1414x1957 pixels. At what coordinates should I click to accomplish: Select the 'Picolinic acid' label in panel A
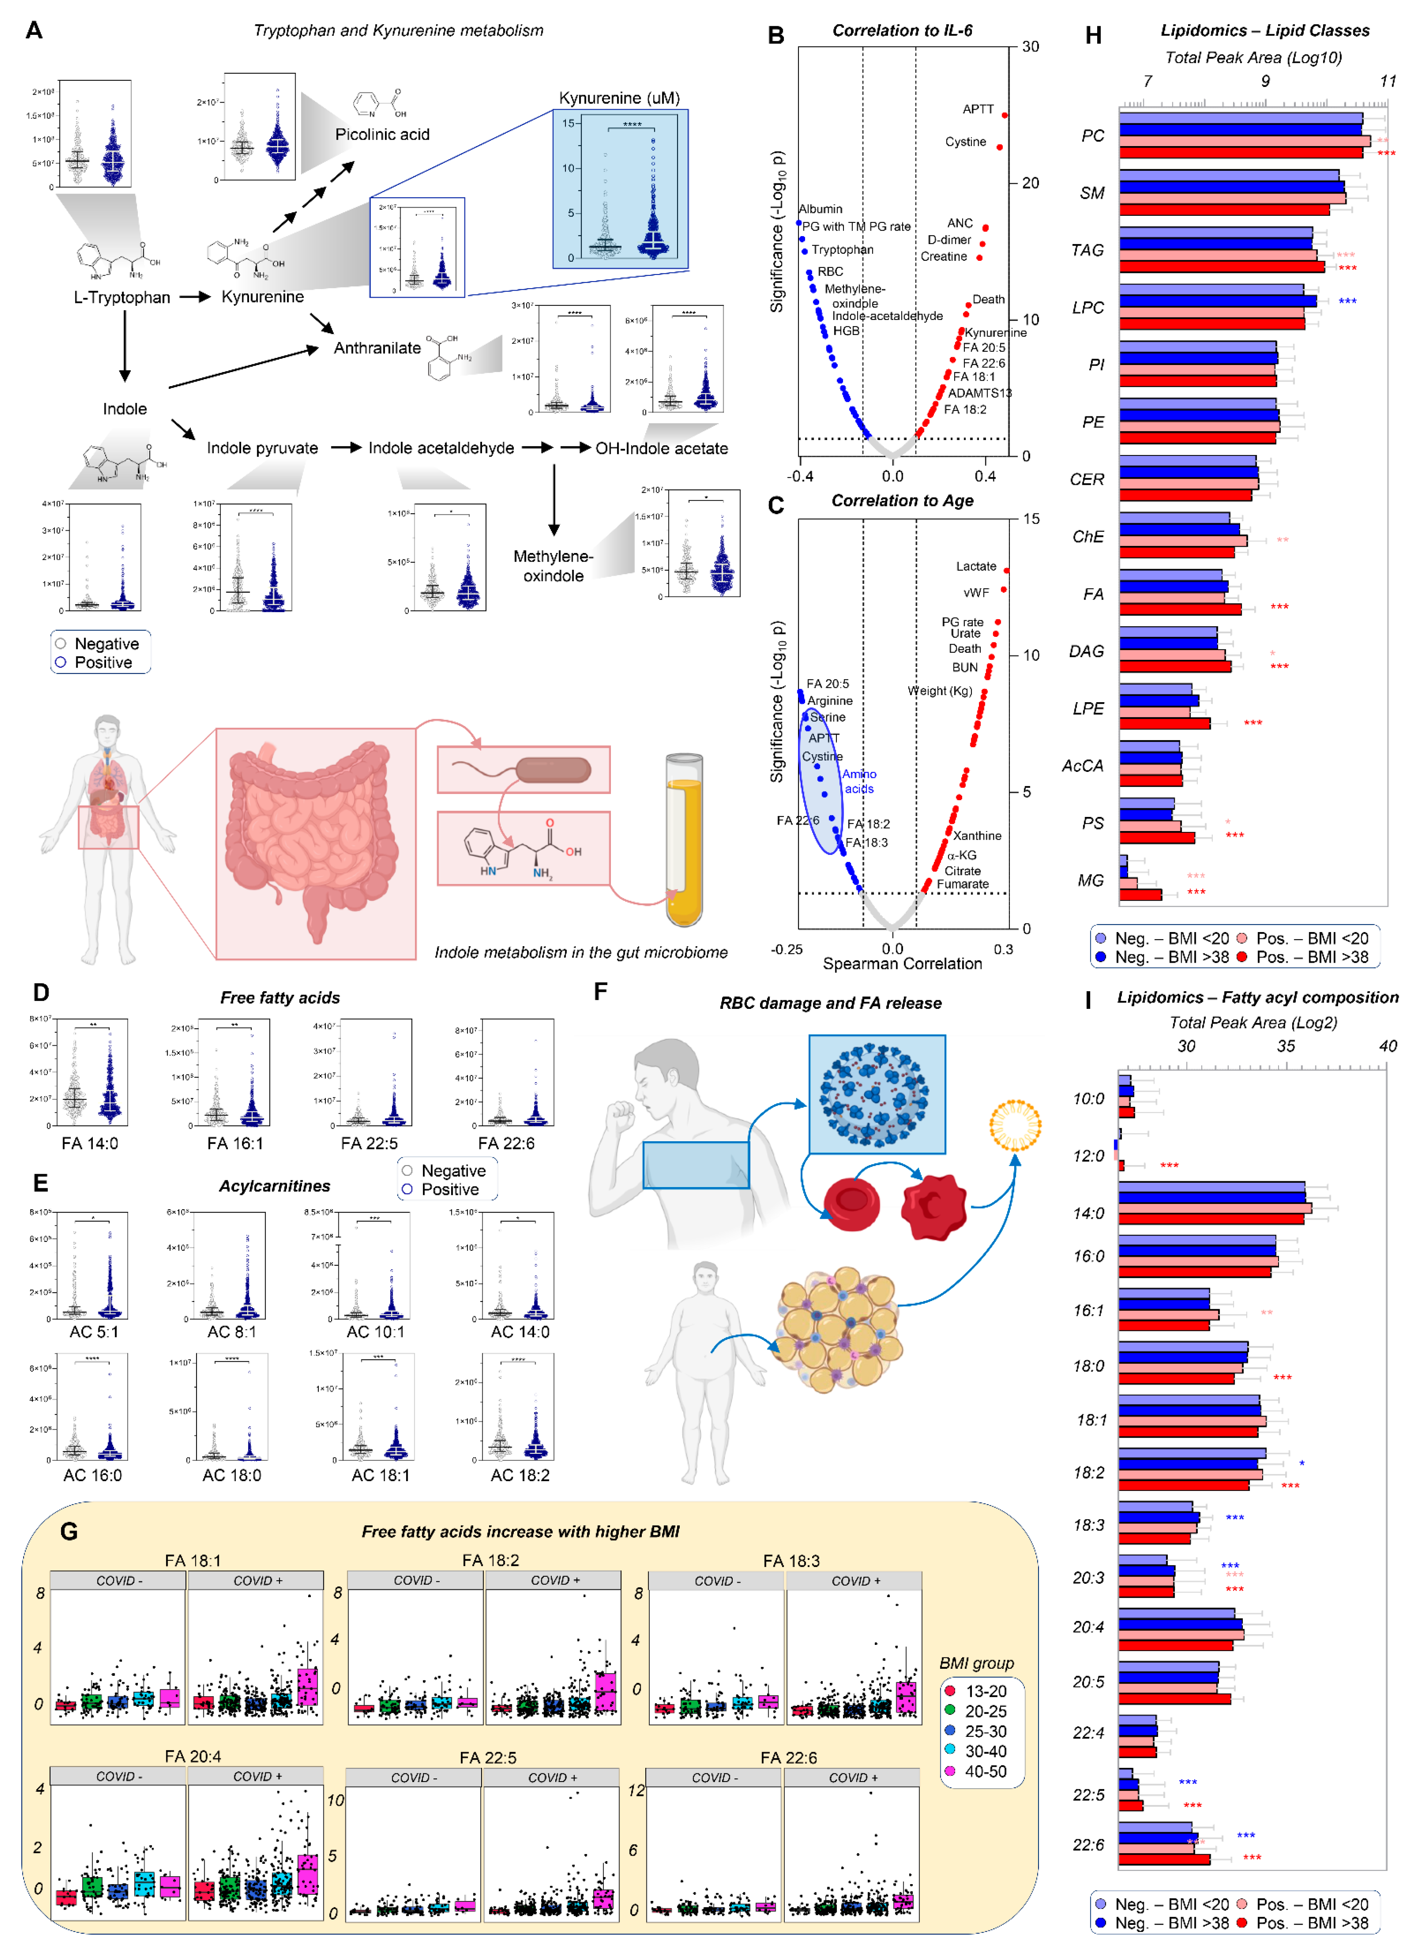382,135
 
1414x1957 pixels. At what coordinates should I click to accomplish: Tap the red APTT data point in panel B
1004,115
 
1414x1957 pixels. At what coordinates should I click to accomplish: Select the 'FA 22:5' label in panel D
369,1144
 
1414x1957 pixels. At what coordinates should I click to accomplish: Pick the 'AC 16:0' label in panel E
92,1476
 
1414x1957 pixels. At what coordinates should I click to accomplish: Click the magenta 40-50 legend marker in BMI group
950,1771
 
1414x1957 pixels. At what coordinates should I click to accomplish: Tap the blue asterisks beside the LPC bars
1347,301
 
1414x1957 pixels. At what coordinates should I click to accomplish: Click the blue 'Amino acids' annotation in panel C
859,782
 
